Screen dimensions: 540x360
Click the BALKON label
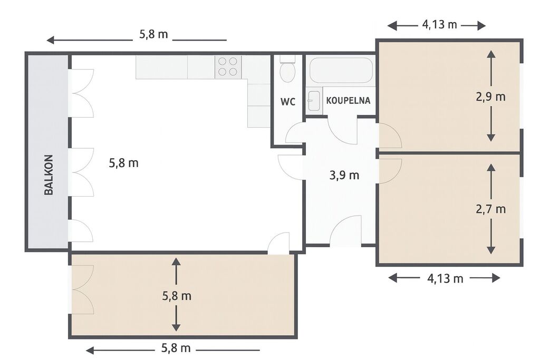(x=49, y=175)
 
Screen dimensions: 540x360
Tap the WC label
(x=288, y=102)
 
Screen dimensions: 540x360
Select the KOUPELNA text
(x=348, y=101)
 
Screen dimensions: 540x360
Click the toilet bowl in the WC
(x=287, y=71)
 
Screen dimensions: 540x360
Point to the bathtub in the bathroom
(x=341, y=70)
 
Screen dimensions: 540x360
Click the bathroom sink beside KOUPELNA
(x=314, y=101)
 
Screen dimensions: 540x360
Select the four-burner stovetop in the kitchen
(x=228, y=67)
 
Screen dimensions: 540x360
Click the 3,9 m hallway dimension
(x=344, y=175)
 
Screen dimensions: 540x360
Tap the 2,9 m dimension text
(x=491, y=97)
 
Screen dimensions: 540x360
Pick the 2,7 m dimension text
(x=491, y=209)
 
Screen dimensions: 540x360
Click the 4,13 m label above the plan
(x=439, y=24)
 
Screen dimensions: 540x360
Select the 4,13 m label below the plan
(x=445, y=278)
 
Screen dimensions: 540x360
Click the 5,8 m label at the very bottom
(x=176, y=348)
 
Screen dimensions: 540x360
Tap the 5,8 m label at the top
(x=153, y=34)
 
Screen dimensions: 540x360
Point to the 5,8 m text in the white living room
(x=123, y=163)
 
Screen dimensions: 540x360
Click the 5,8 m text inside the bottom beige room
(x=177, y=296)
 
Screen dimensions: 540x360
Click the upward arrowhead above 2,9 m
(x=491, y=54)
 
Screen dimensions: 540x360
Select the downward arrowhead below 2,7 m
(x=491, y=250)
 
